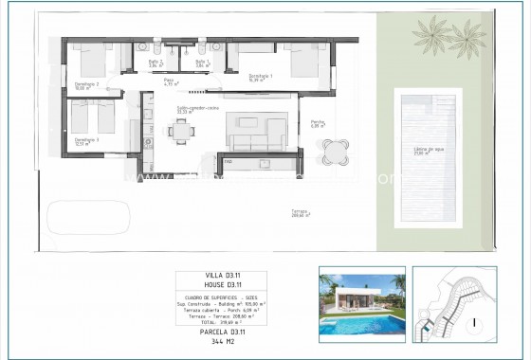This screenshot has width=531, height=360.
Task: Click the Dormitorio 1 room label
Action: click(261, 78)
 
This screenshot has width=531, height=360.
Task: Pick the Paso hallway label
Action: click(169, 82)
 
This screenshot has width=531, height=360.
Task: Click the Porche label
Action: click(318, 122)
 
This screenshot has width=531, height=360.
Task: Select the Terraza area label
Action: click(302, 214)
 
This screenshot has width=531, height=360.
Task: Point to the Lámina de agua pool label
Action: click(429, 150)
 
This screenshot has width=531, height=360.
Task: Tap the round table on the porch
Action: click(334, 152)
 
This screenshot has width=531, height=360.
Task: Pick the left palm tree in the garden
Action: click(431, 36)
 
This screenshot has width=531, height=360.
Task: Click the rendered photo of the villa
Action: click(361, 303)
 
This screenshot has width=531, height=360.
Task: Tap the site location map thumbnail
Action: click(455, 303)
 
